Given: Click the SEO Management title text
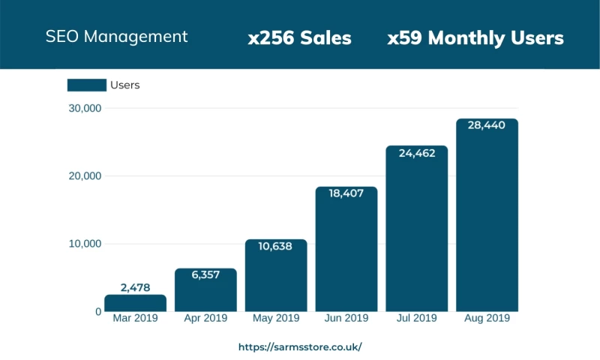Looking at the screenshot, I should (116, 37).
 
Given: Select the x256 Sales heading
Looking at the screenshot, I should (299, 38).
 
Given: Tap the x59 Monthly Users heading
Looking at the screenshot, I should (475, 38).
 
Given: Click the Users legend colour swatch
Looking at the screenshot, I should (86, 85).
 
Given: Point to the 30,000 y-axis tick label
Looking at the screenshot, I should (83, 109).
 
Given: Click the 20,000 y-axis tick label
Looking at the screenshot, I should (83, 176).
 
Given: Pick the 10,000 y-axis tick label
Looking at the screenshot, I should (83, 244).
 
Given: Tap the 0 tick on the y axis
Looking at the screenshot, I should (97, 311).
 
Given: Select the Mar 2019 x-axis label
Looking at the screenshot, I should (135, 319).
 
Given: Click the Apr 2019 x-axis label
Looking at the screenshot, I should (205, 319).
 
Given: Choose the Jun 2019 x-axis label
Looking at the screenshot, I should (346, 319).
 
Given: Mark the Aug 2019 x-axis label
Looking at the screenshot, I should (487, 319).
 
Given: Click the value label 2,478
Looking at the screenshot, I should (135, 287).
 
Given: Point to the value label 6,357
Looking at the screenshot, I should (205, 275).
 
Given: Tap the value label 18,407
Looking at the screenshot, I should (346, 193).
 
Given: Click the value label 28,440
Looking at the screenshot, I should (487, 125).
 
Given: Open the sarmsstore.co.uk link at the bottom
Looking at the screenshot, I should (300, 347).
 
